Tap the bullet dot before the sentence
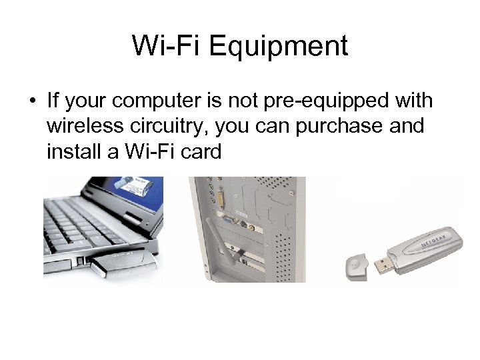pyautogui.click(x=31, y=102)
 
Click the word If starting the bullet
pyautogui.click(x=54, y=101)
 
